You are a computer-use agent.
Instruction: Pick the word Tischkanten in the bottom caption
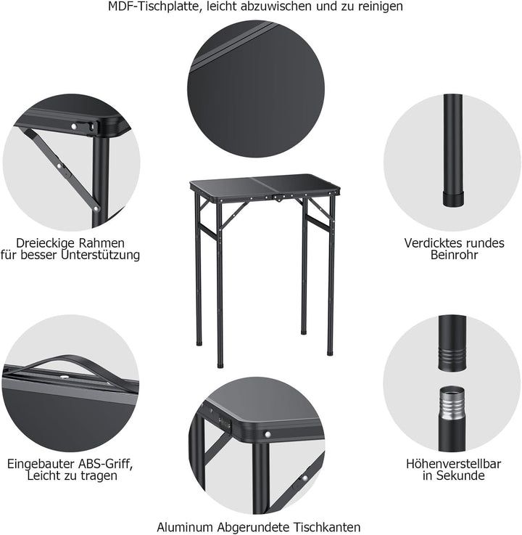pos(329,527)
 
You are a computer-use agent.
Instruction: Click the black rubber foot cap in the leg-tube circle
pos(452,199)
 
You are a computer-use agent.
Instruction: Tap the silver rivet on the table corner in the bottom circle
pos(269,433)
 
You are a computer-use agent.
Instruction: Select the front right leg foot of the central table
pos(330,352)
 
